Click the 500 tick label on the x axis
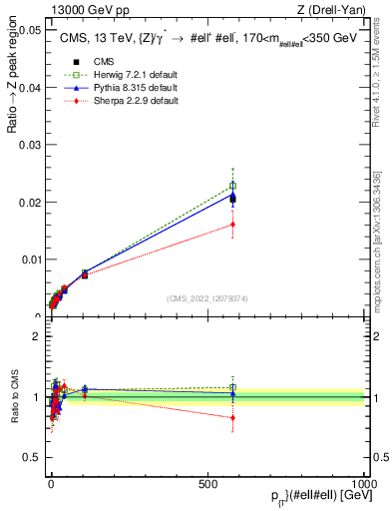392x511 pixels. click(x=207, y=483)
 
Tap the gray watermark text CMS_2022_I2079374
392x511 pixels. click(x=206, y=298)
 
